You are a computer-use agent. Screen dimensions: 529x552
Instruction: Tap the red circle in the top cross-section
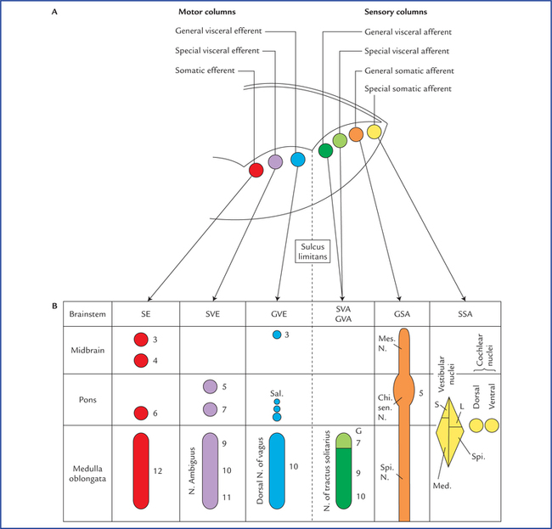(256, 170)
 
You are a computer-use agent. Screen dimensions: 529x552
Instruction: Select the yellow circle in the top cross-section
(374, 131)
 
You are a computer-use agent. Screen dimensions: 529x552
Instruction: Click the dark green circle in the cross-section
(325, 150)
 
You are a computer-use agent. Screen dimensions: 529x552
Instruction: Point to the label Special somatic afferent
(408, 89)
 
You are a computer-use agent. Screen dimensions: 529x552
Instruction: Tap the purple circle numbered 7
(210, 409)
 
